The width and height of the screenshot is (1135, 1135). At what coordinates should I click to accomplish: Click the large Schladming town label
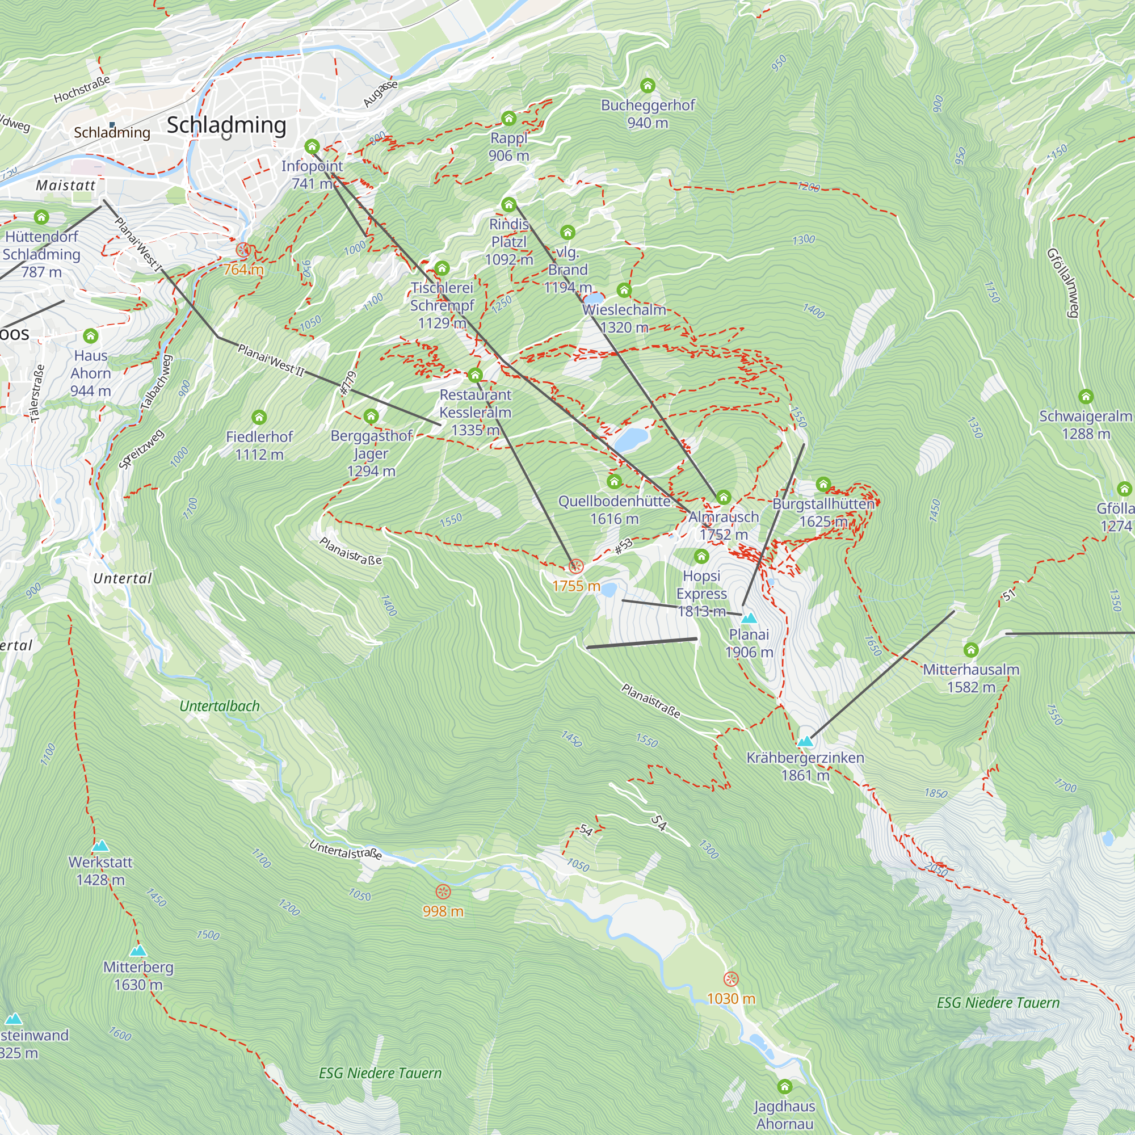(227, 125)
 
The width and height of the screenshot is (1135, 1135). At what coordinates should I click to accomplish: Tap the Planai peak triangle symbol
(749, 618)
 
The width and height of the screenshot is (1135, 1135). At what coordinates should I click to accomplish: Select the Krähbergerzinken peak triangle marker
(805, 741)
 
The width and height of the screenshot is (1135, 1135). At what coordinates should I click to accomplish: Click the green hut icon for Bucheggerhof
(648, 86)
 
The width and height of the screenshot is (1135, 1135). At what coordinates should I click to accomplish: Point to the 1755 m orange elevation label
(575, 586)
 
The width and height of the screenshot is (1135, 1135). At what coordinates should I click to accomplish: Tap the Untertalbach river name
(220, 706)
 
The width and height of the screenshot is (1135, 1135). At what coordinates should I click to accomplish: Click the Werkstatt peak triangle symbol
(100, 846)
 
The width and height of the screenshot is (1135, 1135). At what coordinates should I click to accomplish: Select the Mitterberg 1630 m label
(138, 975)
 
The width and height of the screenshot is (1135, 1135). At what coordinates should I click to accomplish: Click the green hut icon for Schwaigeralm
(1086, 397)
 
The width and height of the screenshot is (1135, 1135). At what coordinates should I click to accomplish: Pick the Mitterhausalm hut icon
(971, 650)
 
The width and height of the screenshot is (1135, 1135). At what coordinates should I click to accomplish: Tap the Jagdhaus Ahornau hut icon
(785, 1086)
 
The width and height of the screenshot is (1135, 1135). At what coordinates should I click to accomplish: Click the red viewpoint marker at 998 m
(443, 892)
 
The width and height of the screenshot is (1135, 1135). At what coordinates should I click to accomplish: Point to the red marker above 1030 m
(731, 979)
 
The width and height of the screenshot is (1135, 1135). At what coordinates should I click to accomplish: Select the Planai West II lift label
(271, 360)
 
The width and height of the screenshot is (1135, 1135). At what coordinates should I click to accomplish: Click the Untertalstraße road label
(346, 850)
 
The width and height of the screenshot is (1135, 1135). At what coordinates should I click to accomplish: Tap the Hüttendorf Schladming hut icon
(41, 217)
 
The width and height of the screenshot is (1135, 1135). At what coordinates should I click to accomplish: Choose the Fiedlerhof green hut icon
(259, 418)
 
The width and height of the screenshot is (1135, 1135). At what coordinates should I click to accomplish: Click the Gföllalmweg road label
(1063, 283)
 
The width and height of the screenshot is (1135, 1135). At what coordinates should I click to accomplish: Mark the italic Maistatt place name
(66, 186)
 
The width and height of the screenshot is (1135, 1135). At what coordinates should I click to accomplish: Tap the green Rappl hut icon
(508, 119)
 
